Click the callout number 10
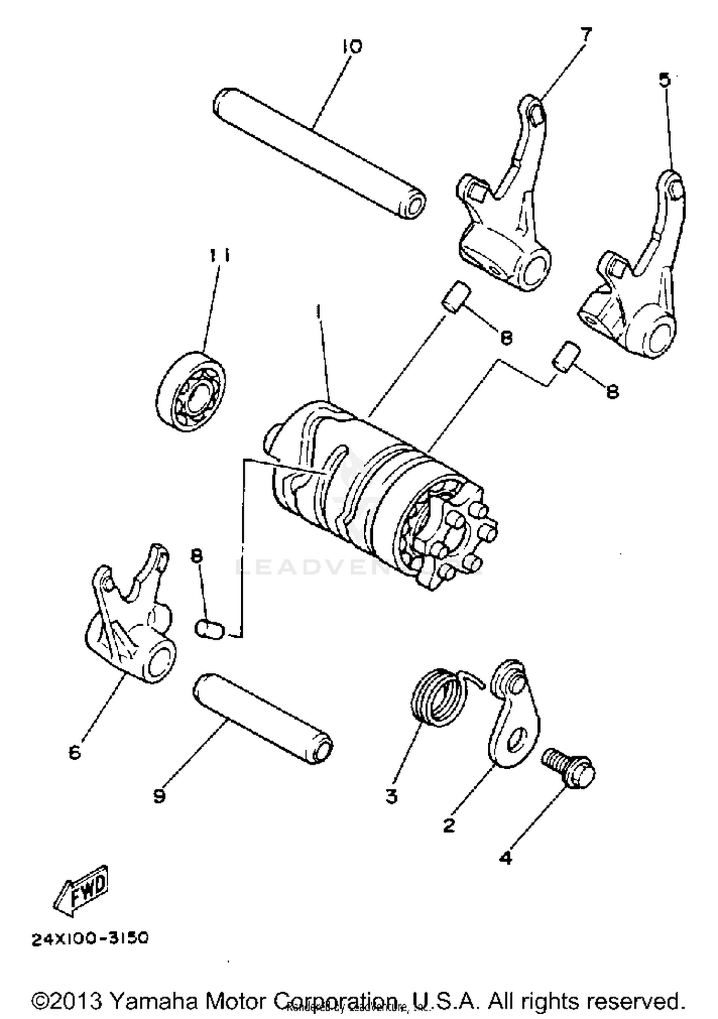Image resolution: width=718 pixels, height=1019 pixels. (352, 47)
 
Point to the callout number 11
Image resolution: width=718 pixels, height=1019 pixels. (219, 255)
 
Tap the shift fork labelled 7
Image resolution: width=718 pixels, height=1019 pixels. (507, 215)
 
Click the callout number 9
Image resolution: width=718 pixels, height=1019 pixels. (159, 796)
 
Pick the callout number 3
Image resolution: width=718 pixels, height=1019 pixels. (392, 796)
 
